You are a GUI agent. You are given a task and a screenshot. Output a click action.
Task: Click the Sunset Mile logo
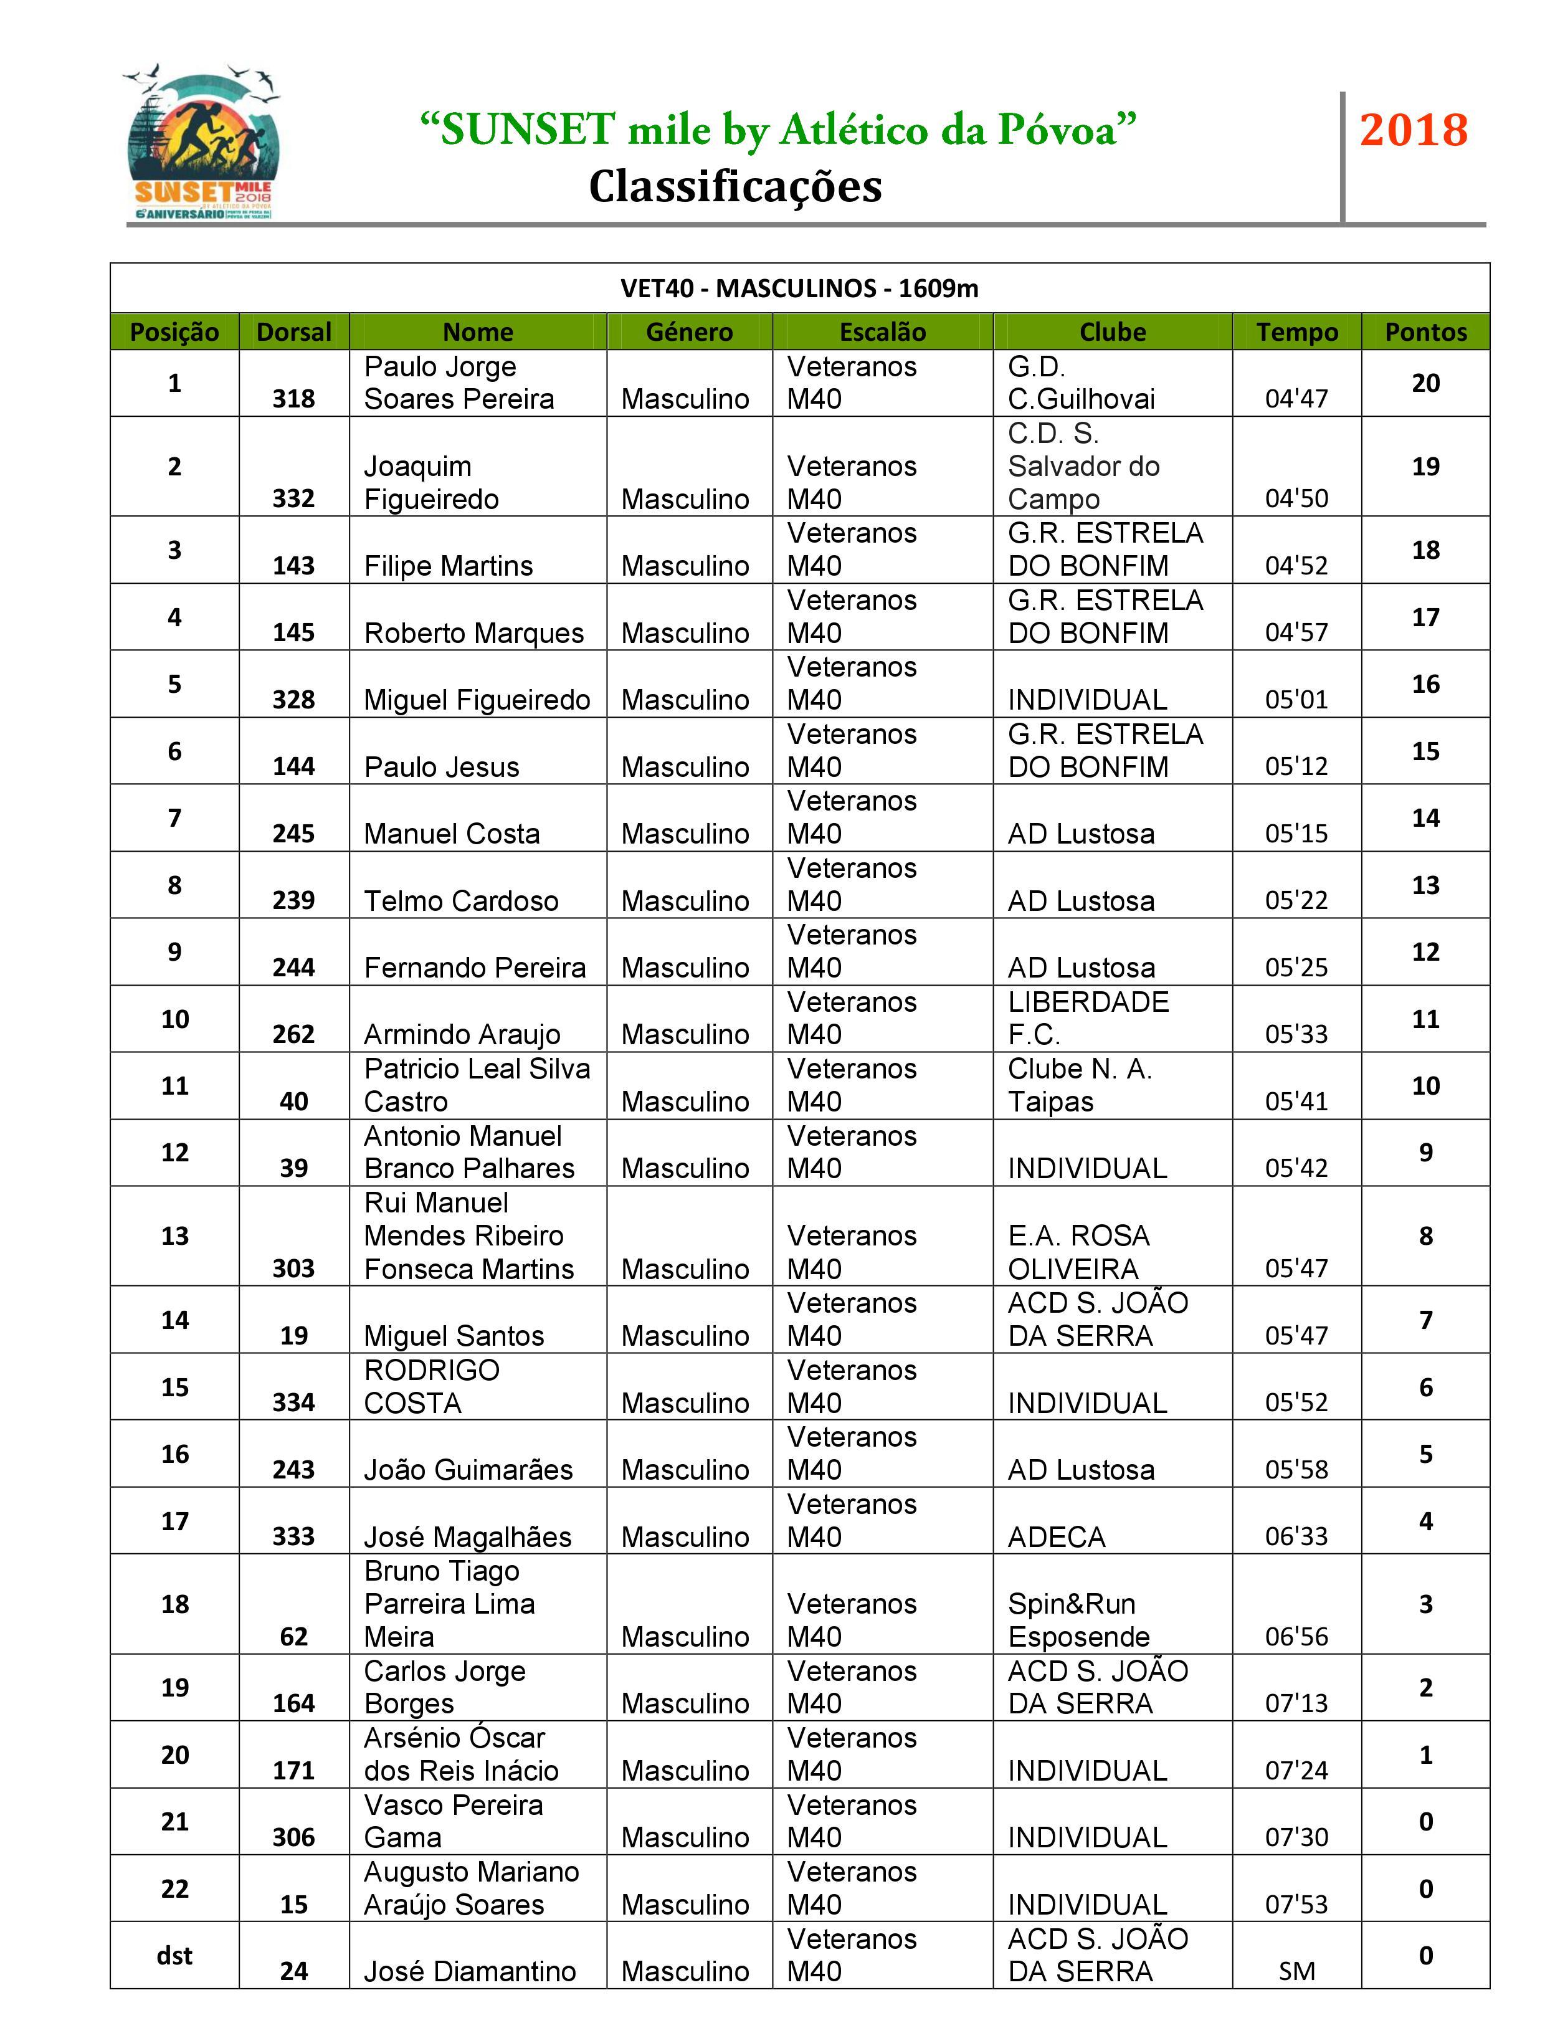point(202,145)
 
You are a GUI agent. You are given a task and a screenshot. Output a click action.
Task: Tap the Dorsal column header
point(293,332)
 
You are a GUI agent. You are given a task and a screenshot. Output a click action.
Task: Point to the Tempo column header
point(1296,332)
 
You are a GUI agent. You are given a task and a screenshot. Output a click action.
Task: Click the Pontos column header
point(1425,332)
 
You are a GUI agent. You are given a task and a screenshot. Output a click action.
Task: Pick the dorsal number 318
point(293,399)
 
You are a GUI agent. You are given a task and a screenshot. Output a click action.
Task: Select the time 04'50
point(1296,498)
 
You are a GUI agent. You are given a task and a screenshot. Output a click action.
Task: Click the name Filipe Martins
point(448,566)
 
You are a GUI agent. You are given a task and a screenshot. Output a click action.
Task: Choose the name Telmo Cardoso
point(461,901)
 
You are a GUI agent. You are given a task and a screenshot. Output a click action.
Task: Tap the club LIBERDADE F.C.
point(1088,1018)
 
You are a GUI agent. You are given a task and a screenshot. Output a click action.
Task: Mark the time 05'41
point(1296,1102)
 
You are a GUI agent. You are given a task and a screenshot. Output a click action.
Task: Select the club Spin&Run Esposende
point(1079,1621)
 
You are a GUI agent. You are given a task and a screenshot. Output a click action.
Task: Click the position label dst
point(174,1956)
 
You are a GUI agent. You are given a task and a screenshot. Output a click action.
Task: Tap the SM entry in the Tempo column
point(1296,1971)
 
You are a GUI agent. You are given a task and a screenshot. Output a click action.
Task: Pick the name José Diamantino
point(469,1971)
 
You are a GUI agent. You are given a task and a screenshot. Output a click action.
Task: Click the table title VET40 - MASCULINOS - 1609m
point(799,288)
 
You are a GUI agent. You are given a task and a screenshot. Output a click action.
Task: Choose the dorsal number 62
point(293,1637)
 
